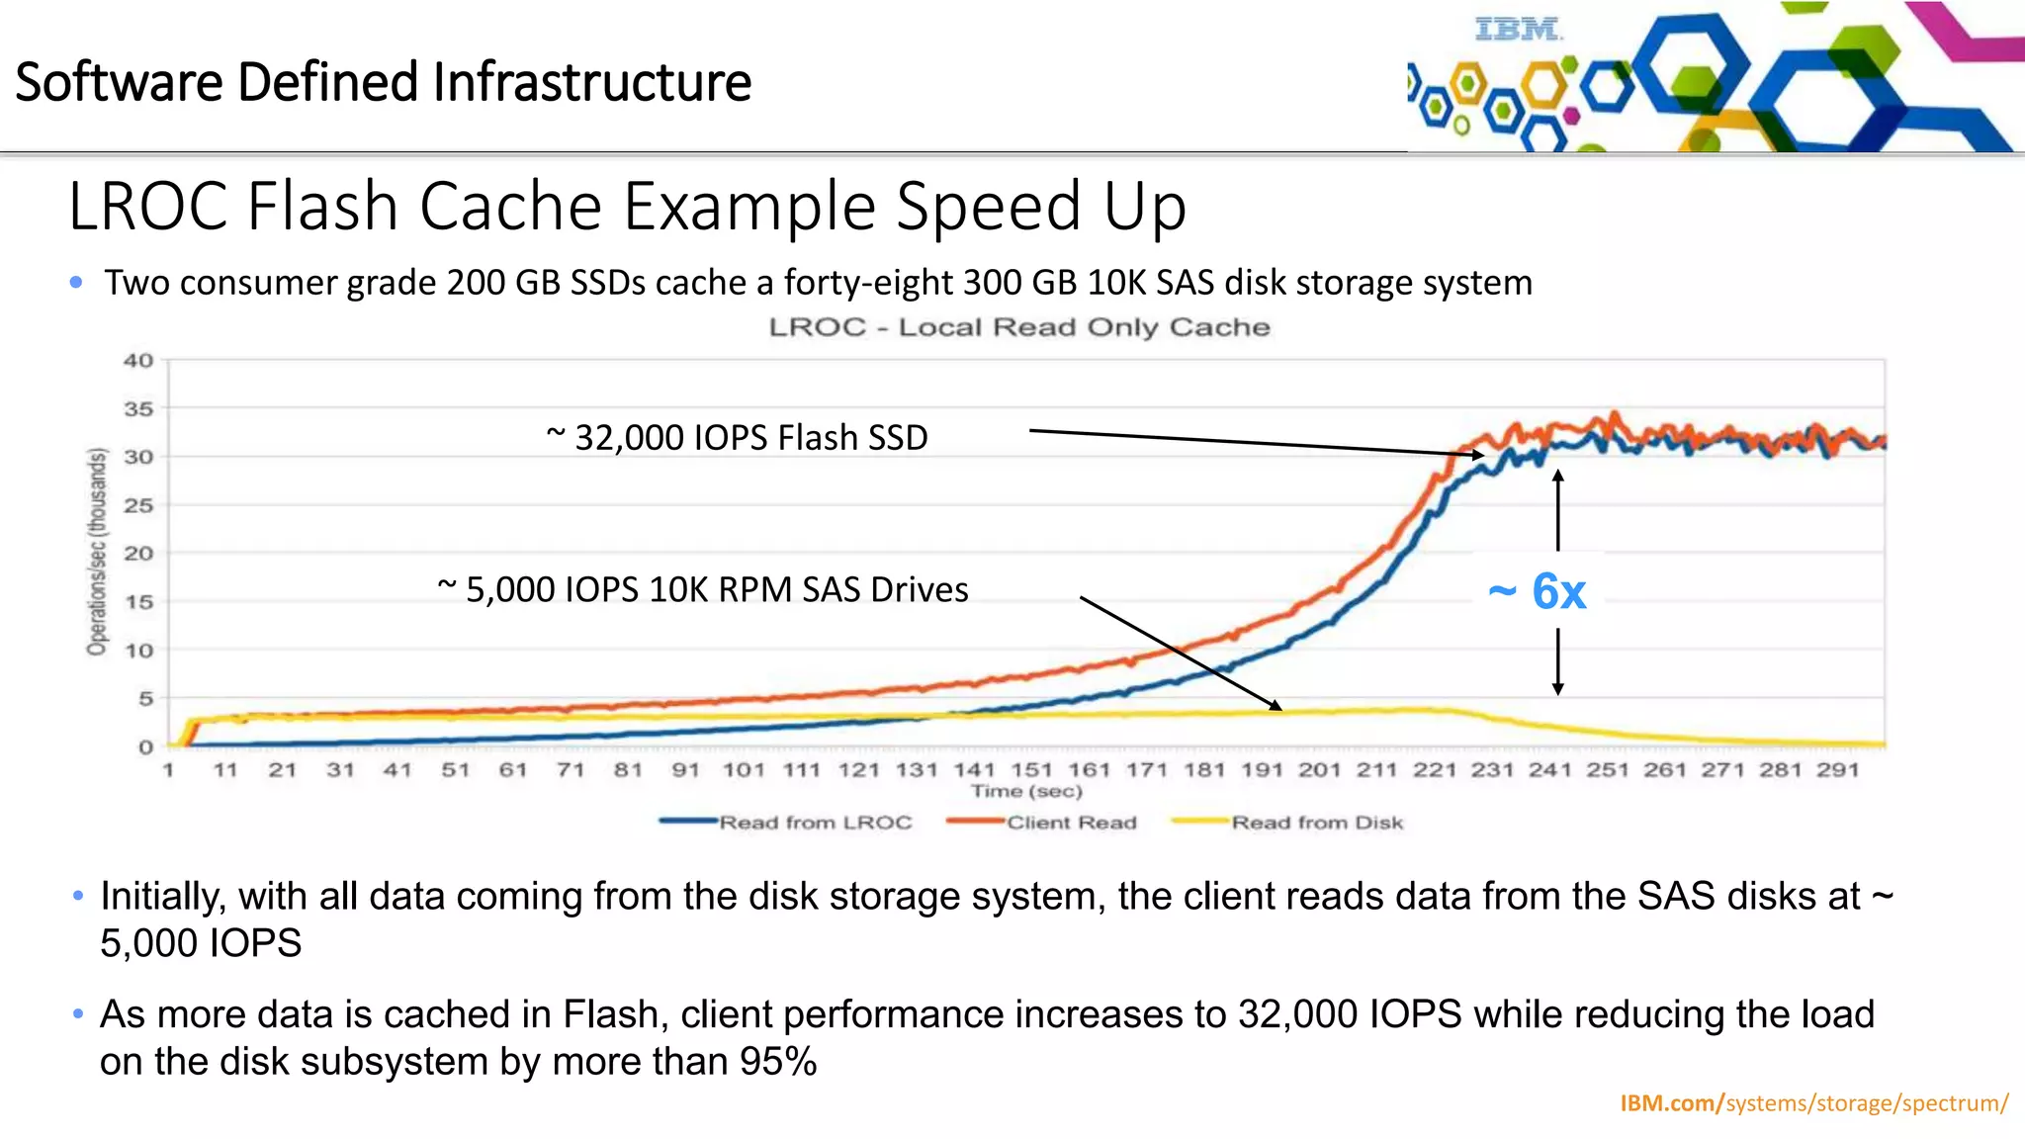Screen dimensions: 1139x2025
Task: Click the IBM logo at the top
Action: pos(1518,30)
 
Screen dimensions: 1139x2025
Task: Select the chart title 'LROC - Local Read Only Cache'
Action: pos(1019,327)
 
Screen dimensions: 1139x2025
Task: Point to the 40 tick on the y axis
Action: pos(138,361)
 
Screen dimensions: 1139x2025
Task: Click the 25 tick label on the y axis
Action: pos(138,505)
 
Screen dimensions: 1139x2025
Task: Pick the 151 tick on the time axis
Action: pos(1031,769)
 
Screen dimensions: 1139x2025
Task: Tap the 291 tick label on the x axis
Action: pos(1837,769)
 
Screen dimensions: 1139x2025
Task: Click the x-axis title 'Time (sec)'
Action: pos(1026,791)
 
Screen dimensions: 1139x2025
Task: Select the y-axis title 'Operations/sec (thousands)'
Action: pos(96,552)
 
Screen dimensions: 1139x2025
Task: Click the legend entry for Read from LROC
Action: pos(815,823)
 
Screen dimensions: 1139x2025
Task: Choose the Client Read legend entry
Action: pos(1071,823)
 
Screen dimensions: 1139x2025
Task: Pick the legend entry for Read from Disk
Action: pos(1316,823)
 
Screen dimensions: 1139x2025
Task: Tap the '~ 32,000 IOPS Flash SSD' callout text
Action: pos(737,437)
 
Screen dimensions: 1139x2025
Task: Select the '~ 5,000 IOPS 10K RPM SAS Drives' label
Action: pos(703,589)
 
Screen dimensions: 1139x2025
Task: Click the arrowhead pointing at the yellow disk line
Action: pos(1276,706)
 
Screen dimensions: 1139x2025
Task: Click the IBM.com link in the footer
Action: pos(1671,1103)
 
